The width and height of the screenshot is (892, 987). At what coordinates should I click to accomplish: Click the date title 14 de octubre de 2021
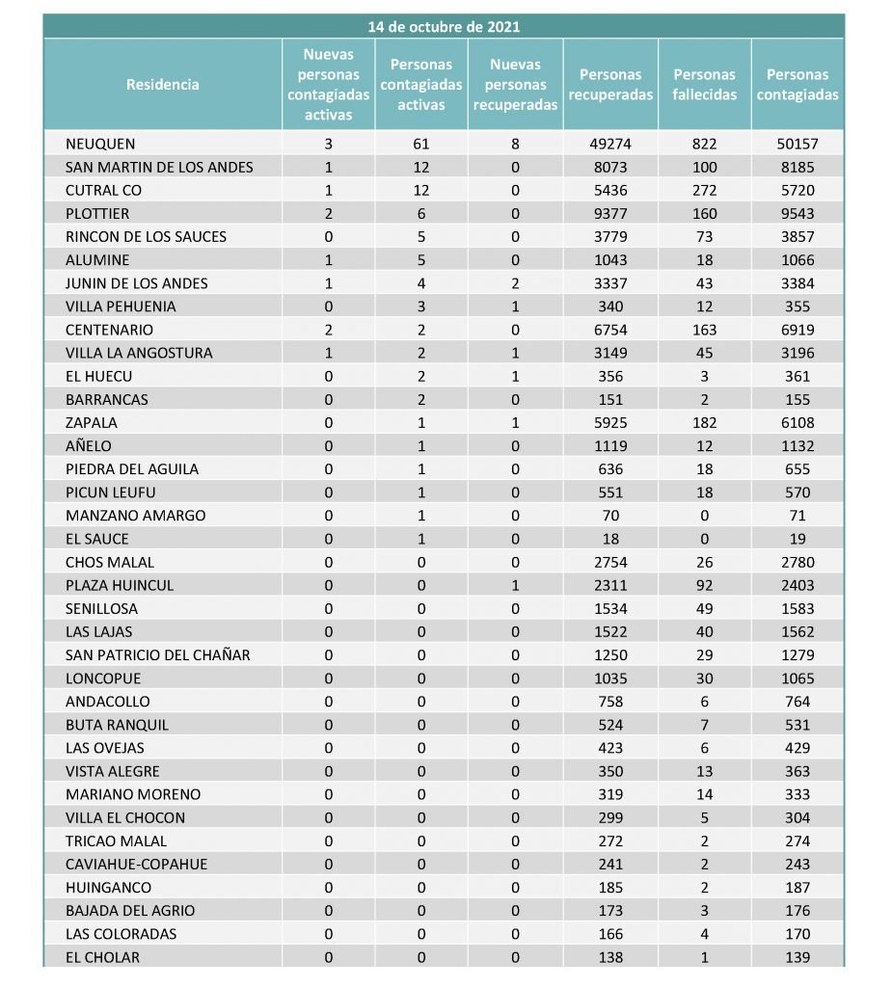point(444,27)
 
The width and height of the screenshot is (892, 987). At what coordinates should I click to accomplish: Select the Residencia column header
point(163,85)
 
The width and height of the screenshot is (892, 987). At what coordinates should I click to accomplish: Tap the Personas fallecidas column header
point(704,85)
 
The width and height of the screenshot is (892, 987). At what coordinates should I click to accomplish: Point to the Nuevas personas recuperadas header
point(515,85)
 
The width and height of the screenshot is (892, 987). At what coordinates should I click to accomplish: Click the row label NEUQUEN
point(95,144)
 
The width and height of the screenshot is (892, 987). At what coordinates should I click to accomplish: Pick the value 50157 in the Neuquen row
point(797,144)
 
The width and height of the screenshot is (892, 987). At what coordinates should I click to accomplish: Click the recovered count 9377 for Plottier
point(610,213)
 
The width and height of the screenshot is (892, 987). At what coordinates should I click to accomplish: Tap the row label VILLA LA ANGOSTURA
point(139,353)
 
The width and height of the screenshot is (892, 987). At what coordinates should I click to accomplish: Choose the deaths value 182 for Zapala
point(705,422)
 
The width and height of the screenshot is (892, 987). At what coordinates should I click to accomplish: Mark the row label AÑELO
point(89,445)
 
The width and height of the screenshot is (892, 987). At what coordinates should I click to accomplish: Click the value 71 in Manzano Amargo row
point(797,516)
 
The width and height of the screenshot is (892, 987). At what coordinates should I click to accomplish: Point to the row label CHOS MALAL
point(110,562)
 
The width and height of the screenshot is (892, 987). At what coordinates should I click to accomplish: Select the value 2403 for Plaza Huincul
point(797,585)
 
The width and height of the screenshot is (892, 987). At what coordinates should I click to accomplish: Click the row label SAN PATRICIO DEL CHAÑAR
point(158,654)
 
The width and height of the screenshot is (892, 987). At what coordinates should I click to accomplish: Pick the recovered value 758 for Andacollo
point(610,702)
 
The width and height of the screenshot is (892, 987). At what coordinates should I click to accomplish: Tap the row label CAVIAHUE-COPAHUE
point(136,864)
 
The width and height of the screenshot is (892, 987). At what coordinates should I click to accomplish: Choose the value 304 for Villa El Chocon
point(797,817)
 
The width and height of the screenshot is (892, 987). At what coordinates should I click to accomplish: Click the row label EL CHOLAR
point(102,957)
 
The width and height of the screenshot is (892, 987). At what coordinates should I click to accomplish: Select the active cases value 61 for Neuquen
point(420,144)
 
